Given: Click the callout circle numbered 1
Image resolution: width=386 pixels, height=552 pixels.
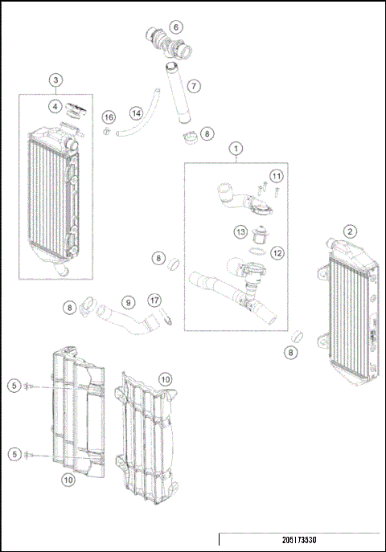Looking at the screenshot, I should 236,148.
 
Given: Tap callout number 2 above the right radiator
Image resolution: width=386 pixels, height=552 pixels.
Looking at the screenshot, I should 350,231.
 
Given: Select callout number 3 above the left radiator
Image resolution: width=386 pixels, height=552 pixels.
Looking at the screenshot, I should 55,80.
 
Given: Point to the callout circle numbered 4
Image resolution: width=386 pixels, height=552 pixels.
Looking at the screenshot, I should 55,105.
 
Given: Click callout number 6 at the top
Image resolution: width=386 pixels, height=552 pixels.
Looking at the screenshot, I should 176,27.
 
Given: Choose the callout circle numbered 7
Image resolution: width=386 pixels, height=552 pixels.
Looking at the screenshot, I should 194,85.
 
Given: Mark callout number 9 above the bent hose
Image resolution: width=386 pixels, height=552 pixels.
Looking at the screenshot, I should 126,303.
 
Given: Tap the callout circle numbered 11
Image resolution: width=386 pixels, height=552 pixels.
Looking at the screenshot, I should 276,176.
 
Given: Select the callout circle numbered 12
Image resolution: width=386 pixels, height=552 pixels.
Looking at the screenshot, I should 277,252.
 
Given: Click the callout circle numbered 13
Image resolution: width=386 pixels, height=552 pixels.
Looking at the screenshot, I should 240,232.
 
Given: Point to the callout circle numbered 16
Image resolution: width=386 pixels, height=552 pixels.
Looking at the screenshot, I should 108,118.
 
